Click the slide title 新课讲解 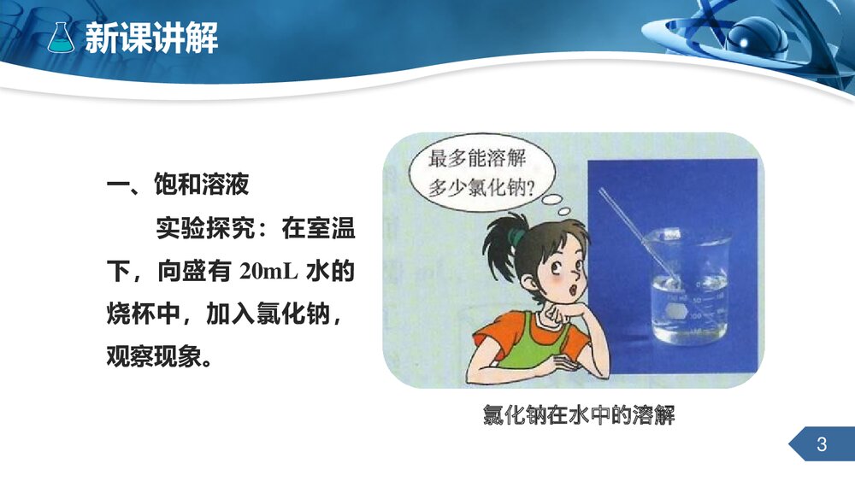tap(151, 38)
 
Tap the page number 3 tap(822, 444)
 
